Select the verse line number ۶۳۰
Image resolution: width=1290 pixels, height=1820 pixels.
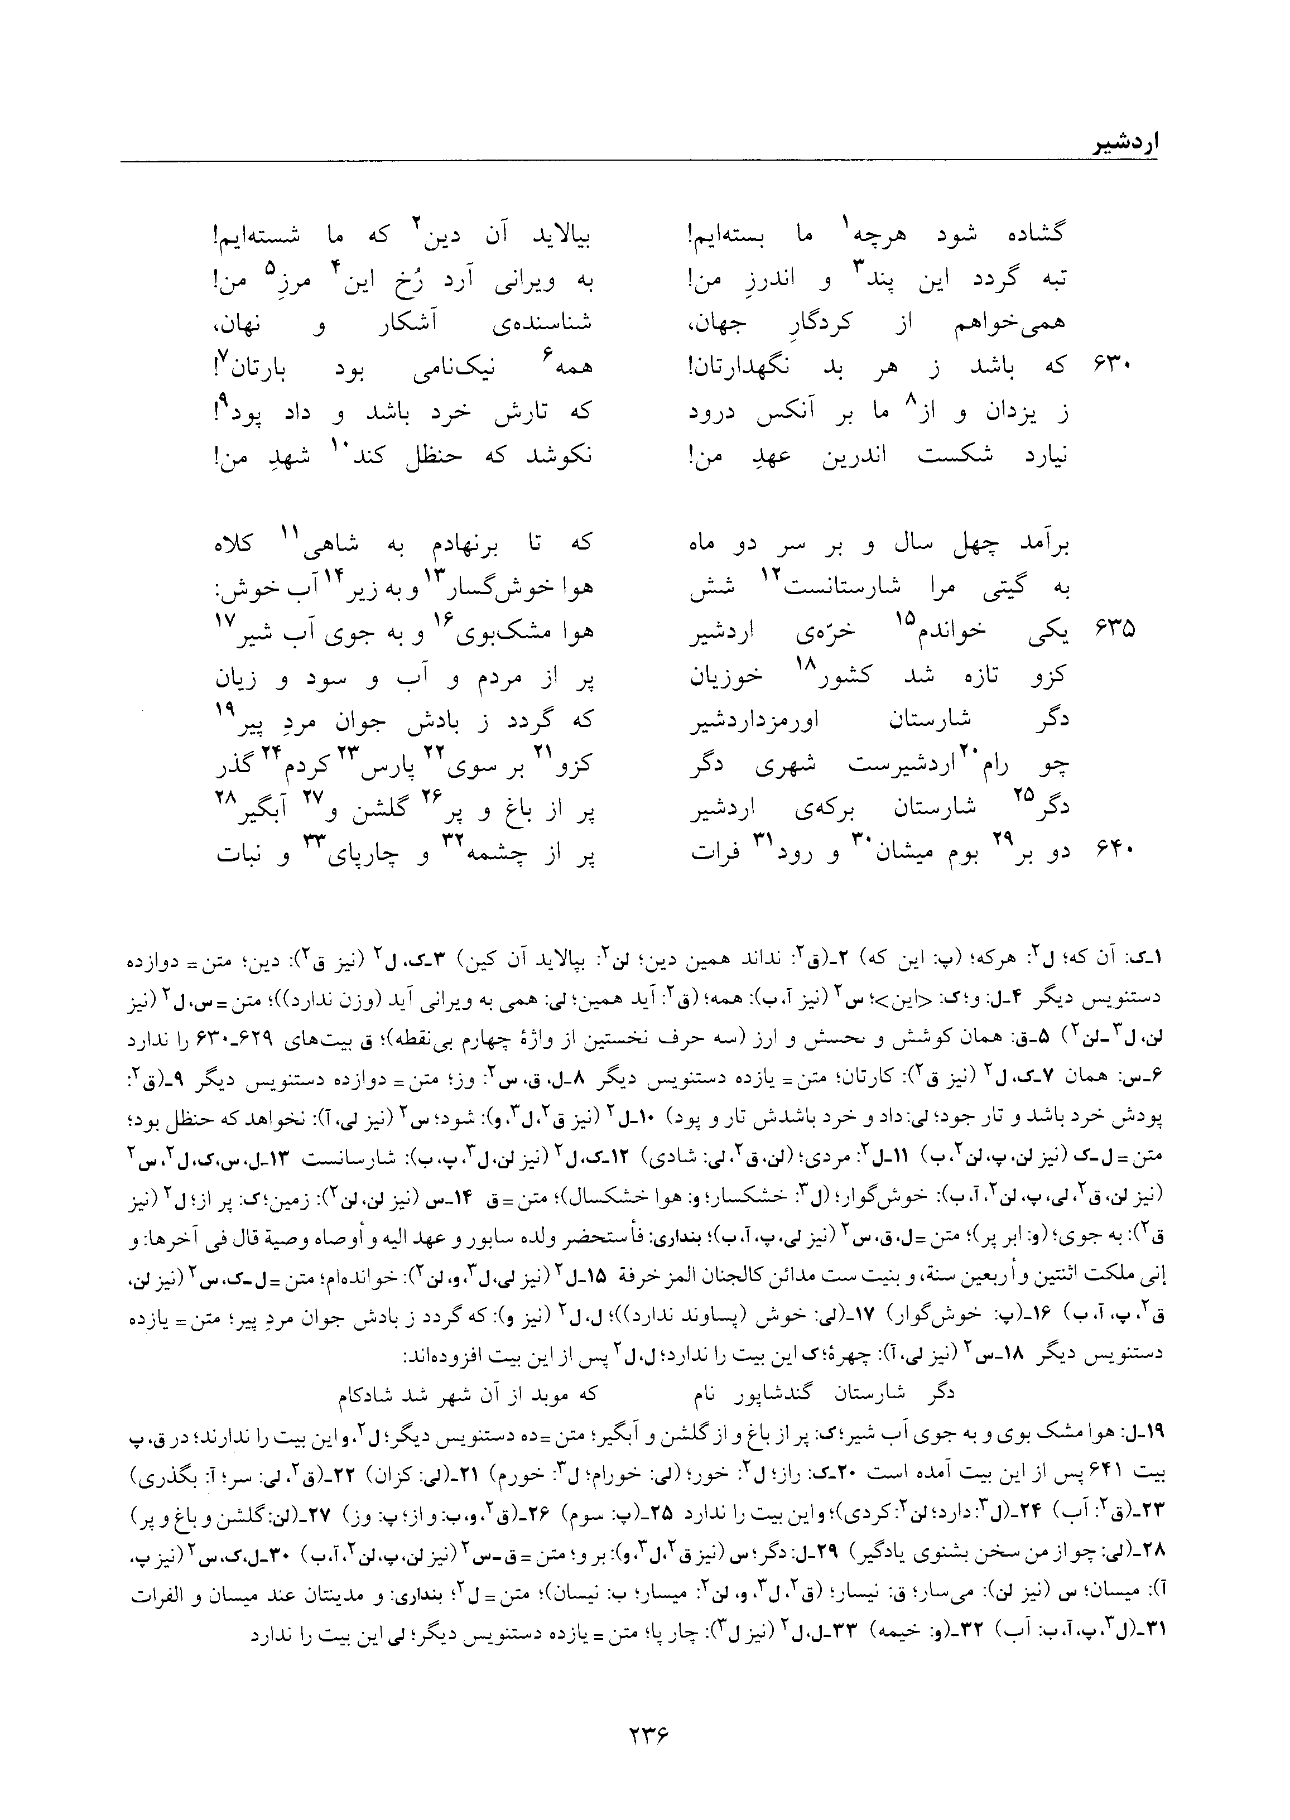pos(1109,366)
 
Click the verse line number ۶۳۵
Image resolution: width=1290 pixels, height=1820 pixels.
pos(1109,631)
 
